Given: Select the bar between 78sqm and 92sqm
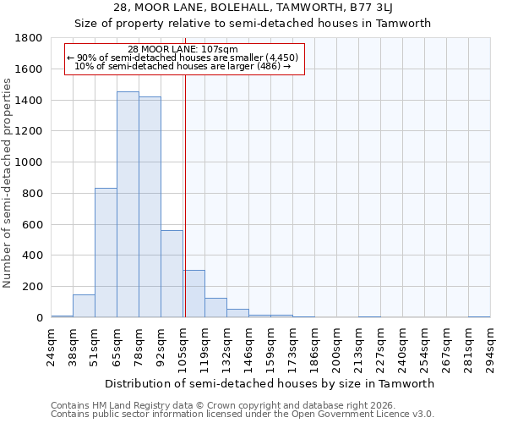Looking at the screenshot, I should coord(150,207).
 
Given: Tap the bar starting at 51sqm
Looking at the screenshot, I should coord(106,253).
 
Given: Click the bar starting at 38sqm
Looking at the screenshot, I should coord(84,306).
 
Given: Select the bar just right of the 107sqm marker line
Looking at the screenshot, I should coord(194,294).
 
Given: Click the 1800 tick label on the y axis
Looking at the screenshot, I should coord(30,38).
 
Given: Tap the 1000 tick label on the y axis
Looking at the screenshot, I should coord(30,162).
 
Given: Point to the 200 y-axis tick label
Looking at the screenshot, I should coord(33,287).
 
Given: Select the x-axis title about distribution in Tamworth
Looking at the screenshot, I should coord(270,383).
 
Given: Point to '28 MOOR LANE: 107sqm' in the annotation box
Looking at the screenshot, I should coord(183,49).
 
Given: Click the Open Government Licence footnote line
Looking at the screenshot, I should coord(243,415).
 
